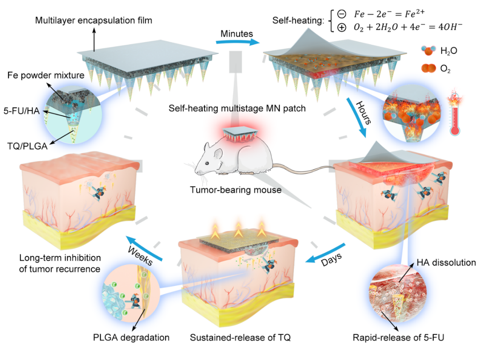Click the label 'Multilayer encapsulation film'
pos(94,20)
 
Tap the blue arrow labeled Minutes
pos(238,42)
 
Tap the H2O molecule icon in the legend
pos(428,51)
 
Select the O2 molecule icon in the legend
pos(428,68)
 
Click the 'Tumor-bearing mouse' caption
pos(236,190)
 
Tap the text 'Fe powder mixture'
pos(46,75)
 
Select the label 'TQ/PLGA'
pos(27,146)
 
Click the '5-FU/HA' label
pos(22,111)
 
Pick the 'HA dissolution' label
pos(446,263)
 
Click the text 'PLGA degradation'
pos(131,337)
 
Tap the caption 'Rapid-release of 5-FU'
pos(398,337)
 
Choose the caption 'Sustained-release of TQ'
pos(240,337)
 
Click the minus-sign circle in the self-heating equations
pos(342,14)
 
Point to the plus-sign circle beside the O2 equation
pos(342,27)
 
